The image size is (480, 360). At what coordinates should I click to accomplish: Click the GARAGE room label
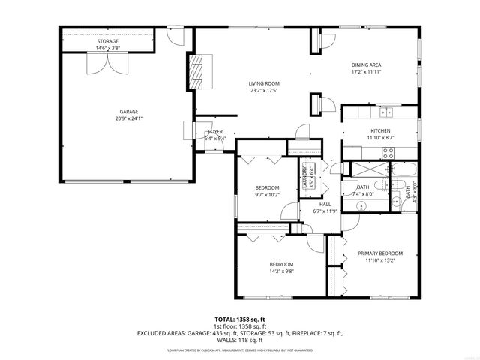click(128, 112)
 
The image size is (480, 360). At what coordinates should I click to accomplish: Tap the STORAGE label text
click(108, 42)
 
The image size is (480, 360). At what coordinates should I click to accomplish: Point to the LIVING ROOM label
click(265, 83)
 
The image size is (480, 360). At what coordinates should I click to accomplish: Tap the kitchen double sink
click(386, 113)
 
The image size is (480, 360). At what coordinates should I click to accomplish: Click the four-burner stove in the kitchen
click(388, 152)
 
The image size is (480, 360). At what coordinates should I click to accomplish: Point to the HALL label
click(325, 204)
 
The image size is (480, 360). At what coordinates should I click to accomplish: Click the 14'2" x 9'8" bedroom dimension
click(281, 271)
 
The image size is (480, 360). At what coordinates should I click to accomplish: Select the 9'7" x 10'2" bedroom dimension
click(266, 195)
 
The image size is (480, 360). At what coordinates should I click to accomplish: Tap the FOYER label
click(215, 131)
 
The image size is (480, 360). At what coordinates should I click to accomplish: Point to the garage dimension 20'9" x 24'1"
click(128, 118)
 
